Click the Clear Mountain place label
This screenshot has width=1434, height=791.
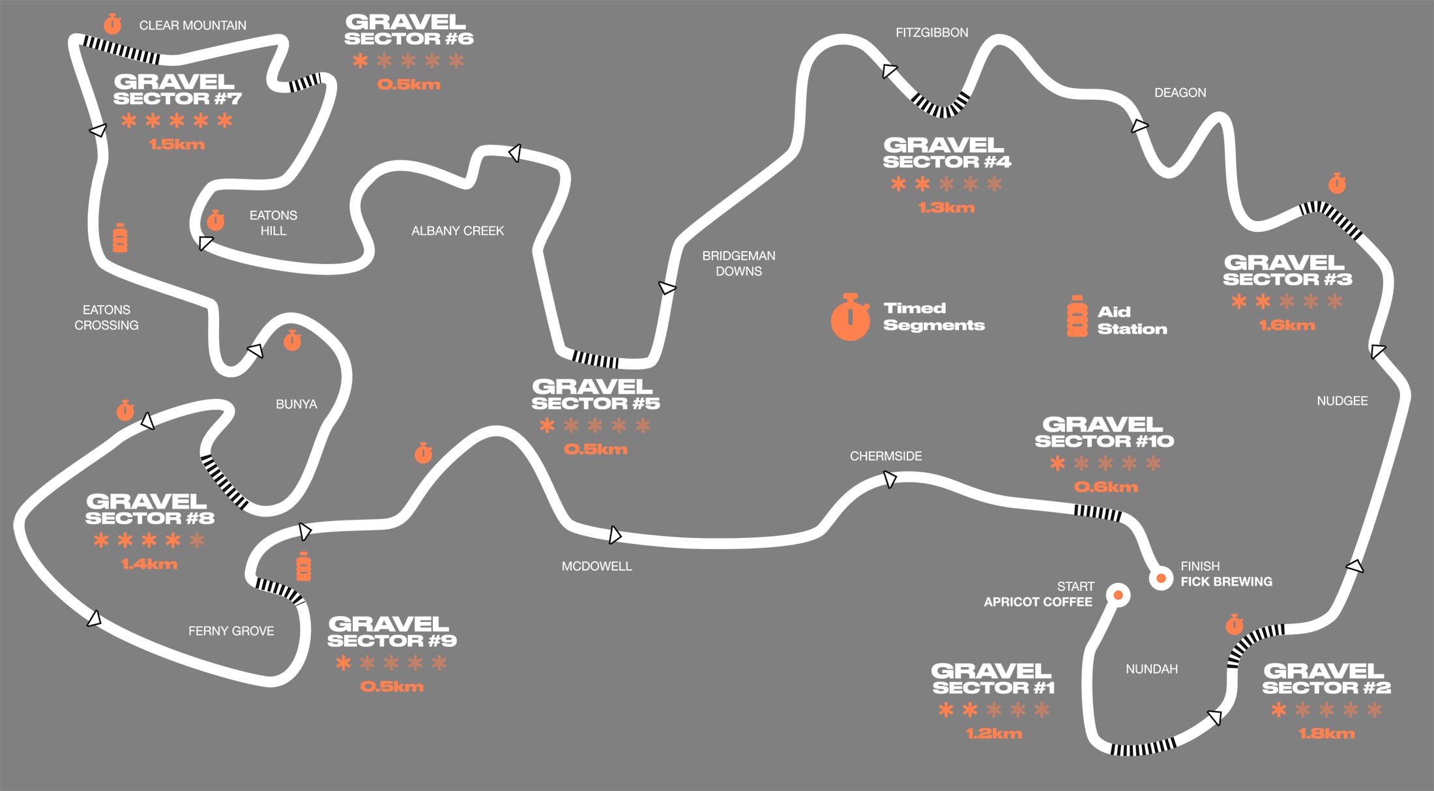click(x=193, y=25)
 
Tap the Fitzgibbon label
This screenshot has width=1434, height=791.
click(x=931, y=33)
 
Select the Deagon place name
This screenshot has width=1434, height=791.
click(x=1180, y=93)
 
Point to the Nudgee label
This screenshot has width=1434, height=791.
click(x=1342, y=401)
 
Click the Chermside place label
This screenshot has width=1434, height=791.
click(x=886, y=456)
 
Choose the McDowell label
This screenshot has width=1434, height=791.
click(x=596, y=567)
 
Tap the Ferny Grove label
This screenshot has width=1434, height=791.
click(x=231, y=631)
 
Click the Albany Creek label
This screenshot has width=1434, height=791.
click(x=458, y=231)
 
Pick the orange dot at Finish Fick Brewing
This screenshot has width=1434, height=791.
click(x=1161, y=578)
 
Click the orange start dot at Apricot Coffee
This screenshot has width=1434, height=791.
click(x=1119, y=595)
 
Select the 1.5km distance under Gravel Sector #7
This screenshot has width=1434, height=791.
click(x=177, y=145)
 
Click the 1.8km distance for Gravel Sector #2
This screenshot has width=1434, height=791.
click(x=1326, y=734)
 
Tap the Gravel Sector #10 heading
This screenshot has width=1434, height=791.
click(x=1104, y=433)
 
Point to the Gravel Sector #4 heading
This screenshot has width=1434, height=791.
click(x=947, y=153)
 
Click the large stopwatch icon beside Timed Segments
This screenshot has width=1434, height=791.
click(x=851, y=317)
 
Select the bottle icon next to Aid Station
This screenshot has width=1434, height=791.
click(x=1077, y=317)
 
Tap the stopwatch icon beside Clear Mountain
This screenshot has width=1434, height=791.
click(x=113, y=24)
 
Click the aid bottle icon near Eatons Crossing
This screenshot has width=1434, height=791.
click(x=120, y=237)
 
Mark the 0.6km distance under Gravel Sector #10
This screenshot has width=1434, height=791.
click(x=1106, y=488)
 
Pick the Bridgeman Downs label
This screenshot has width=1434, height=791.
click(x=739, y=263)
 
